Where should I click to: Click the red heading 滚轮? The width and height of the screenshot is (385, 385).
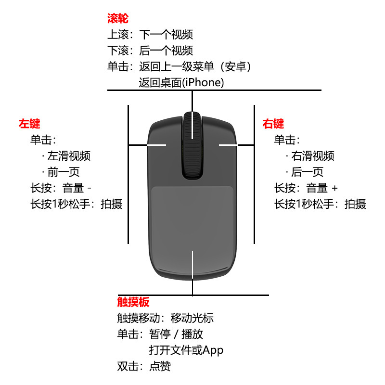[117, 19]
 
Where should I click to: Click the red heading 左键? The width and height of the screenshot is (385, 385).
[29, 124]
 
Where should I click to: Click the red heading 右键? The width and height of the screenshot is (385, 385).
[273, 124]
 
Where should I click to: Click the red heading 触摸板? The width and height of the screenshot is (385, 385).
[133, 302]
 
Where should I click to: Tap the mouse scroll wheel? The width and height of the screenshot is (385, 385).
[192, 144]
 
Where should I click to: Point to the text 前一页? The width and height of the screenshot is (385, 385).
[63, 172]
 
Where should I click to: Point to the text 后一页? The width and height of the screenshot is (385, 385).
[307, 172]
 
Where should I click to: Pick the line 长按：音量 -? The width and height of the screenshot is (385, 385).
[61, 188]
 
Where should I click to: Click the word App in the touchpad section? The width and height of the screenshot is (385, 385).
[213, 350]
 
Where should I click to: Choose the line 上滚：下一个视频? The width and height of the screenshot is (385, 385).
[150, 35]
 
